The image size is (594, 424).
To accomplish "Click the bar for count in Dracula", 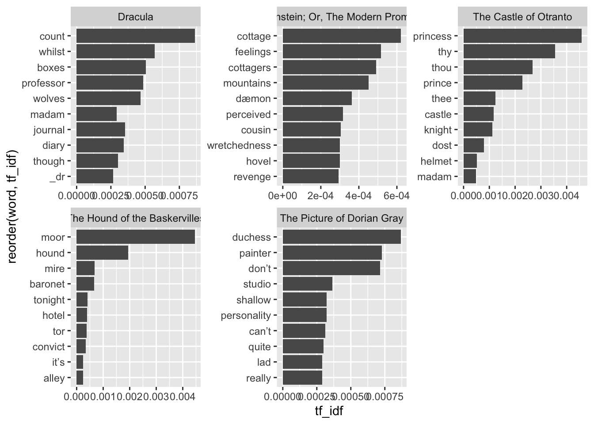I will [135, 36].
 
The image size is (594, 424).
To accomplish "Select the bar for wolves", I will [108, 98].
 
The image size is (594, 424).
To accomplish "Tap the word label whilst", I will [52, 52].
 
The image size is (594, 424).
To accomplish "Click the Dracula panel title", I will [135, 17].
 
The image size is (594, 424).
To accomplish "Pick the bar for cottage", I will [341, 36].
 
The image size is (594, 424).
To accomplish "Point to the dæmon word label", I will [253, 99].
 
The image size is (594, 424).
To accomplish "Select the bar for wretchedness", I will [311, 145].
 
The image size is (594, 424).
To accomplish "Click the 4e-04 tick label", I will [358, 195].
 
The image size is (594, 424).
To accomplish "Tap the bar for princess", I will [522, 36].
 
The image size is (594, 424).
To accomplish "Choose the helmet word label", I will [436, 161].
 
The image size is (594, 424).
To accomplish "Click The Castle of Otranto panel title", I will [522, 17].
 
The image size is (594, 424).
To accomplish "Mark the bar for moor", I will [135, 237].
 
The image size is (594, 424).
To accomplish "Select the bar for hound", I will [102, 253].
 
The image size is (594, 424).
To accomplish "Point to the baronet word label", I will [47, 284].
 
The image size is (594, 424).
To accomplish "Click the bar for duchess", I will [341, 237].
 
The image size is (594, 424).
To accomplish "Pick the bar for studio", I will [307, 284].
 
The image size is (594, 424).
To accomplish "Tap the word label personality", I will [246, 316].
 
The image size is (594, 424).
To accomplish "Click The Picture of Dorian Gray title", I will [341, 218].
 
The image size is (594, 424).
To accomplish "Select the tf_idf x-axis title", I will [329, 411].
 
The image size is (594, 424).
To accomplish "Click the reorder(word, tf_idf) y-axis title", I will [12, 207].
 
